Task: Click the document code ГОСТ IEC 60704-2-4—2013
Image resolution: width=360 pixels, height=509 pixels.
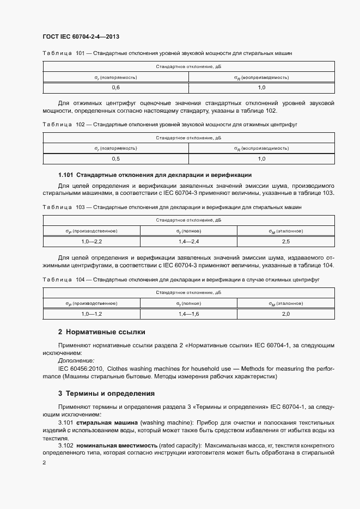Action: point(81,36)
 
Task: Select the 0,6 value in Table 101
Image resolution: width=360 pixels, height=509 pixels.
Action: point(116,88)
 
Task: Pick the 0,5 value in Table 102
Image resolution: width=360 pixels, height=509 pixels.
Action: point(116,158)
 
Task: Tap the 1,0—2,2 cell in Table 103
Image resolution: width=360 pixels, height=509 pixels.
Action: point(91,241)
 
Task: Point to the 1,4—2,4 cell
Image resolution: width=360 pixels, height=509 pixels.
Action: point(188,241)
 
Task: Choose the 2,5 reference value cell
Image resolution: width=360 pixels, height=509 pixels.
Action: point(286,241)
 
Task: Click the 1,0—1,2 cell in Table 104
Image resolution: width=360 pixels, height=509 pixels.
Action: point(91,314)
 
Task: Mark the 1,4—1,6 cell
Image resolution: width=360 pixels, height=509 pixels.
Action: point(188,314)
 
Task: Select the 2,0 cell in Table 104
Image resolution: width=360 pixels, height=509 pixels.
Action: point(286,314)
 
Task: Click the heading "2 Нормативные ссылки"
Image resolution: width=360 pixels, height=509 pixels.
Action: point(101,332)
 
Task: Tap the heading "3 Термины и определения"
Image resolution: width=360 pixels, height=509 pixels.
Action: point(106,393)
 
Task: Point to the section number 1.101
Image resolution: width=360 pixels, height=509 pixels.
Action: point(66,175)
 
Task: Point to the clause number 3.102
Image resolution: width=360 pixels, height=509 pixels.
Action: point(66,445)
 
